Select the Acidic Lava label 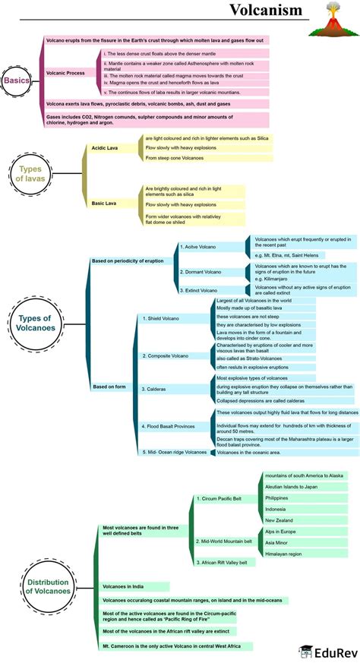(x=104, y=148)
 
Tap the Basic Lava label (x=103, y=204)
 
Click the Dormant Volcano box (x=197, y=272)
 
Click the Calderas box (x=153, y=388)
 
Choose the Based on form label (x=109, y=387)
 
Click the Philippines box (x=276, y=497)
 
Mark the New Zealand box (x=278, y=519)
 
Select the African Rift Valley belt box (x=223, y=563)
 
